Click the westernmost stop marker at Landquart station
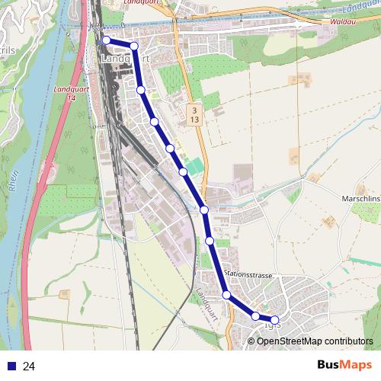tap(106, 40)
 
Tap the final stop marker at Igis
tap(274, 320)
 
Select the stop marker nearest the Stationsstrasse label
tap(226, 294)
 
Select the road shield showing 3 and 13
tap(194, 115)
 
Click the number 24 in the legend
tap(29, 367)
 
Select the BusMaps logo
tap(344, 366)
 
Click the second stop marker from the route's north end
tap(134, 46)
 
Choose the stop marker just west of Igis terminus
tap(255, 315)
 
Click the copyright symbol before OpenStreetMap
tap(251, 341)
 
